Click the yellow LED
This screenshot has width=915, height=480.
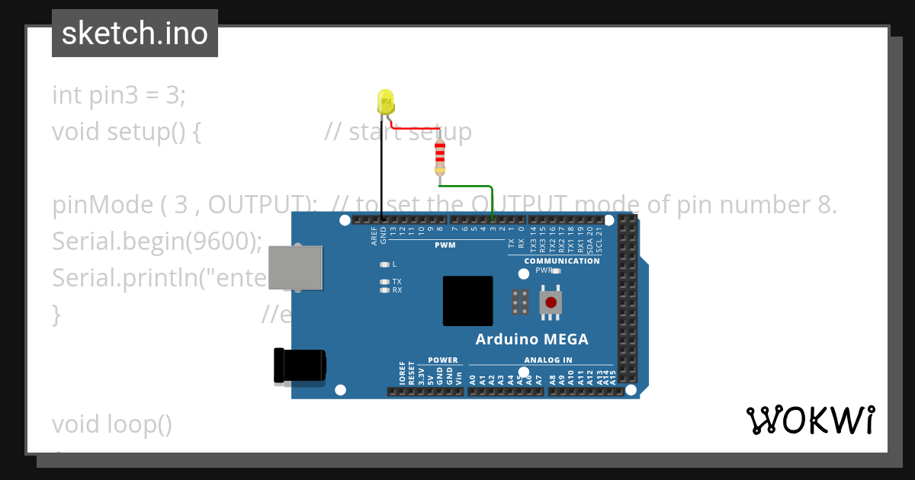tap(386, 101)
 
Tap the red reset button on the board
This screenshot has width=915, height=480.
tap(551, 302)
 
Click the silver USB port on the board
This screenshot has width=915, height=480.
tap(294, 267)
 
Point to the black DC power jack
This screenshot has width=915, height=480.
tap(299, 366)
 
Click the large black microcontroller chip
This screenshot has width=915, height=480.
tap(468, 301)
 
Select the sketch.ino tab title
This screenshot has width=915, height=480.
tap(135, 34)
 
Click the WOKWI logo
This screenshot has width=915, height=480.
tap(811, 421)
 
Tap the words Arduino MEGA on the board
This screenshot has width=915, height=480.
tap(531, 340)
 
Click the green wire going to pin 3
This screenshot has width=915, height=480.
tap(493, 202)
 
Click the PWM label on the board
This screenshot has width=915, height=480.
tap(445, 245)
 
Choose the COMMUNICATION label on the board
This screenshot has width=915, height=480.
tap(562, 261)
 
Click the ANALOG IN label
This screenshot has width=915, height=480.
tap(547, 360)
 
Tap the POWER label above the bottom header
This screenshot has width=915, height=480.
tap(443, 360)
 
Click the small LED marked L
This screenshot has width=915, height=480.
tap(385, 264)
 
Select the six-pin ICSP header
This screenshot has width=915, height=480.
tap(521, 302)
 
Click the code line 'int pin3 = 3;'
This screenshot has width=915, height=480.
tap(119, 95)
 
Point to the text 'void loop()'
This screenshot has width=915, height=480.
tap(112, 424)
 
